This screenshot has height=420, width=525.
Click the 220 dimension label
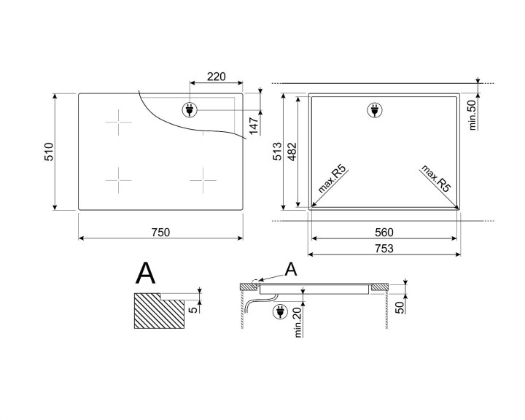coord(217,77)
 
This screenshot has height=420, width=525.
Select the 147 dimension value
coord(254,126)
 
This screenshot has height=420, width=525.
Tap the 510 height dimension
coord(49,152)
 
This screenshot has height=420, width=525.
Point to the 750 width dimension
coord(160,233)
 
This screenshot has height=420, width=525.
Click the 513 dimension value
coord(278,152)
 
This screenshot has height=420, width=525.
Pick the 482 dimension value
coord(292,152)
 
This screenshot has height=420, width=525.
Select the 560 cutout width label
coord(384,233)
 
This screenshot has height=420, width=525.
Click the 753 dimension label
coord(384,249)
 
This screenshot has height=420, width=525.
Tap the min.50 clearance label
coord(472,114)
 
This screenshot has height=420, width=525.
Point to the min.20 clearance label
coord(298,322)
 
